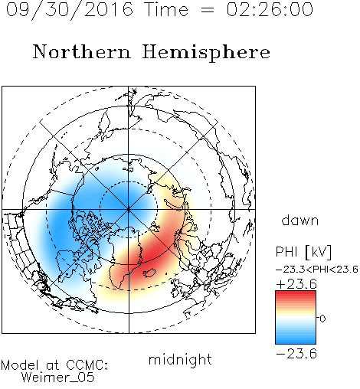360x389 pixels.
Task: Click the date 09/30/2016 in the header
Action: click(x=70, y=9)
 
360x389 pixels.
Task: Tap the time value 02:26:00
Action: click(x=270, y=9)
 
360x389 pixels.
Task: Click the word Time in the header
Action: click(x=166, y=9)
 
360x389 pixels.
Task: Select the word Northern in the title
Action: click(x=82, y=51)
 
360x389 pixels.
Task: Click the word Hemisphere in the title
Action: click(x=206, y=53)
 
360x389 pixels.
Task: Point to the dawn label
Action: click(x=300, y=220)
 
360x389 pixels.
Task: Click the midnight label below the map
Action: click(x=180, y=359)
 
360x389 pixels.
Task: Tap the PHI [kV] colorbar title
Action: click(x=303, y=252)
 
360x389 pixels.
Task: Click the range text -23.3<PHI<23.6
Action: click(x=317, y=270)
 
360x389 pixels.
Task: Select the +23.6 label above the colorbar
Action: click(x=296, y=284)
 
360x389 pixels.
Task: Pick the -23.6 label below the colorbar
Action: click(x=296, y=354)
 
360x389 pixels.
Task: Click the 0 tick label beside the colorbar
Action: click(x=322, y=319)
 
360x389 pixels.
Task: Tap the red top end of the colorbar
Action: click(x=296, y=293)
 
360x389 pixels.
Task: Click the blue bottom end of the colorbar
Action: click(x=296, y=342)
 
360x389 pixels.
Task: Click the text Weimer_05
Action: click(x=58, y=378)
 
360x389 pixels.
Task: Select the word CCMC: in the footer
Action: click(x=87, y=365)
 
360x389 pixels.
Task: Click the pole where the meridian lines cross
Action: click(x=129, y=209)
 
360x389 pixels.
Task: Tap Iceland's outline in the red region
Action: click(x=151, y=273)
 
